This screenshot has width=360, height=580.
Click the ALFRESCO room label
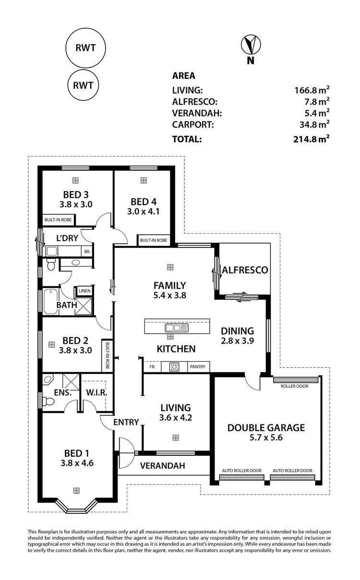[x=245, y=270]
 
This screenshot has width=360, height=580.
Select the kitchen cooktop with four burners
[x=174, y=367]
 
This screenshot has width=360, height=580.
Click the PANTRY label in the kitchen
[x=197, y=367]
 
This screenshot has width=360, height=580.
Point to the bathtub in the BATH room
[x=49, y=301]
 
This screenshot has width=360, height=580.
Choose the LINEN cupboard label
[x=84, y=291]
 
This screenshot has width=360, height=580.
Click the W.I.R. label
[x=96, y=393]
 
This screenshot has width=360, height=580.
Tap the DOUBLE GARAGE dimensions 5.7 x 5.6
[x=266, y=438]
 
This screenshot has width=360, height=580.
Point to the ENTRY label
[x=126, y=423]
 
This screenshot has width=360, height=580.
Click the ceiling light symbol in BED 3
[x=75, y=180]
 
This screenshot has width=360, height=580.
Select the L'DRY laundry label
[x=67, y=238]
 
